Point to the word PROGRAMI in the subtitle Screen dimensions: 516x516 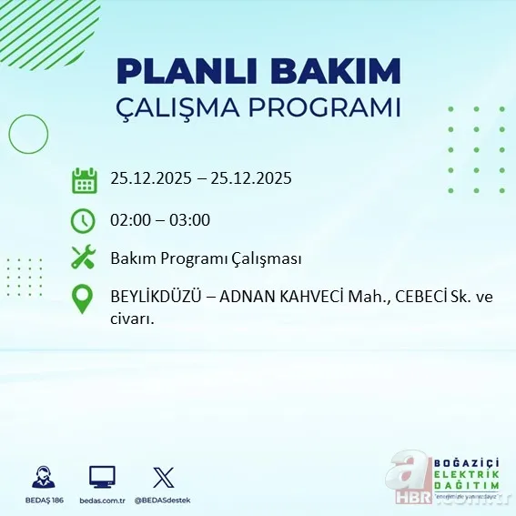click(333, 107)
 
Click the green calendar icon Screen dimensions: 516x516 click(84, 180)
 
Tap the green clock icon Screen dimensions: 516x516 click(83, 220)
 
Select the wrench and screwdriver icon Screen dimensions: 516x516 click(84, 258)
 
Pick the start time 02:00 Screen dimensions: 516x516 click(130, 219)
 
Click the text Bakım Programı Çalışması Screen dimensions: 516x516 click(206, 258)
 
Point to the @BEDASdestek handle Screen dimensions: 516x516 click(164, 501)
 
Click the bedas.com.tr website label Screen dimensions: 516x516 click(102, 501)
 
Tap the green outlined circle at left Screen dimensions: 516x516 click(28, 135)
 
